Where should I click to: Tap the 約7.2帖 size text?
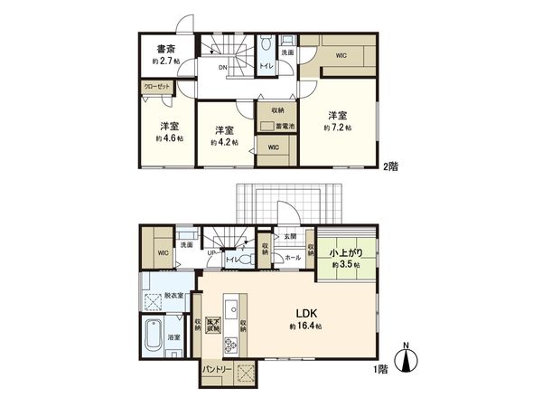click(x=337, y=128)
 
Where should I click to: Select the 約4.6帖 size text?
click(x=168, y=138)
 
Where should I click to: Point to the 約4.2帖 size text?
click(x=224, y=142)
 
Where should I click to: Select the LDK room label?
click(x=301, y=313)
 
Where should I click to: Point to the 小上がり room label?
click(x=343, y=254)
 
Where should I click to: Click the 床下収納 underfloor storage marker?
click(x=215, y=324)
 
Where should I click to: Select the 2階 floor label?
click(x=389, y=166)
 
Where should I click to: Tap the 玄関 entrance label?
click(x=290, y=236)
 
